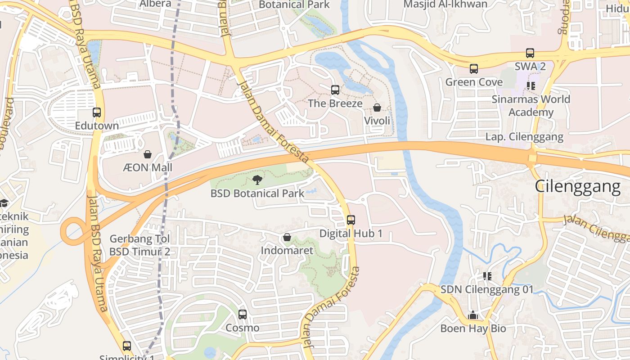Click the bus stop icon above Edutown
click(97, 112)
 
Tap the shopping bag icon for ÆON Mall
click(148, 155)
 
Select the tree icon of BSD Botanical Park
click(257, 180)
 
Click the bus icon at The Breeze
click(335, 90)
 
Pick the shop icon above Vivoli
click(377, 108)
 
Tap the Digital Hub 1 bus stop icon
click(351, 220)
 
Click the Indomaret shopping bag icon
click(287, 237)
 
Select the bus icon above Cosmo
click(243, 315)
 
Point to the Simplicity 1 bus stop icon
click(127, 346)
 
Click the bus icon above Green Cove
click(474, 69)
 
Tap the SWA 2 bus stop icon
click(530, 53)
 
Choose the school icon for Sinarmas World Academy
click(531, 85)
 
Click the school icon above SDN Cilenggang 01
click(487, 276)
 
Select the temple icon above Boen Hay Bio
click(473, 315)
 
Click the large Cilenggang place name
click(577, 186)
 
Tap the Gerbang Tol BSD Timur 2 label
click(140, 245)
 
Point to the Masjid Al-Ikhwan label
click(445, 4)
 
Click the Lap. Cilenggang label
click(524, 137)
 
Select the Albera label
click(155, 4)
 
